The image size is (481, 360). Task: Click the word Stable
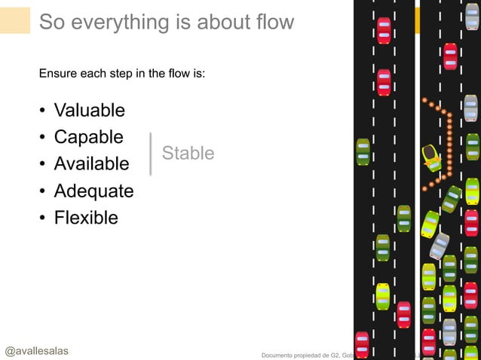click(x=188, y=154)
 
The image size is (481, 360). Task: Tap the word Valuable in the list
click(x=89, y=111)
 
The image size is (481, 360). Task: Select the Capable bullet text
click(x=88, y=137)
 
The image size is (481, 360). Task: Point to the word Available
click(x=91, y=164)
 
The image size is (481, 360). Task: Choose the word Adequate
click(x=93, y=191)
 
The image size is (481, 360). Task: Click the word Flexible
click(x=86, y=218)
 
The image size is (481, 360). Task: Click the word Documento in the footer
click(x=279, y=355)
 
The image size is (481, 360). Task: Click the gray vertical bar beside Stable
click(x=151, y=154)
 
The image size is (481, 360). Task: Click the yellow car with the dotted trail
click(x=432, y=157)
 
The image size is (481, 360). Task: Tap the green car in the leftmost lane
click(x=363, y=153)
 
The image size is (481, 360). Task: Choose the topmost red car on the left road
click(x=384, y=31)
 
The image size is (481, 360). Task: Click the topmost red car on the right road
click(x=450, y=56)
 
